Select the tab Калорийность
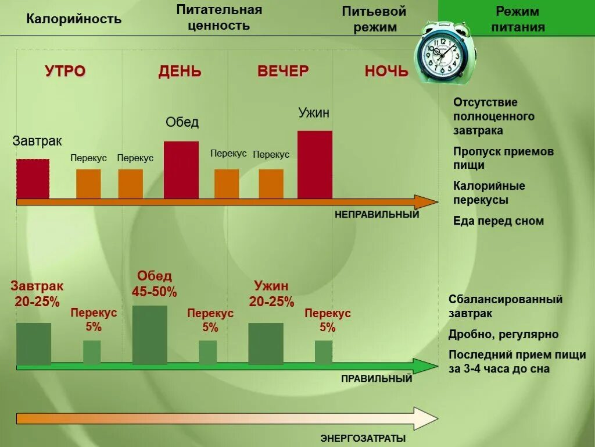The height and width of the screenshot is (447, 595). (74, 19)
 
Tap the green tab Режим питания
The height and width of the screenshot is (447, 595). (517, 19)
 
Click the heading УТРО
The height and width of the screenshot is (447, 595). (65, 72)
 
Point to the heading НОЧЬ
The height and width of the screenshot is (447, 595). (386, 72)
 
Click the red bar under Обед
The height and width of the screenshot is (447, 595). (181, 169)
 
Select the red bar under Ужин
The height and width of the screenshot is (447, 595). (315, 164)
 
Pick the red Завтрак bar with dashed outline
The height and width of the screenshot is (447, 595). (33, 178)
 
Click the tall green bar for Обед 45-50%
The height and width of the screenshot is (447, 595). (149, 335)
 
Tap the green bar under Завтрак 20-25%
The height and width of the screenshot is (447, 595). (34, 343)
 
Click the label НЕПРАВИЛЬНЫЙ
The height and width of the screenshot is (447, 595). (377, 214)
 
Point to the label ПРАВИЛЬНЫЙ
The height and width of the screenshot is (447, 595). (377, 379)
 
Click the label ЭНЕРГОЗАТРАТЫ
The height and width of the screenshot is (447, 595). (363, 438)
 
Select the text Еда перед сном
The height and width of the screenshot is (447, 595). (499, 221)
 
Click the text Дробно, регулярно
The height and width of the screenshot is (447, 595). (503, 334)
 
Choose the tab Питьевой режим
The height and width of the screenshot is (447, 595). (374, 19)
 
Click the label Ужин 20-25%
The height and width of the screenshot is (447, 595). (271, 294)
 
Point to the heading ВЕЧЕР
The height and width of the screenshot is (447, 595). (283, 72)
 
